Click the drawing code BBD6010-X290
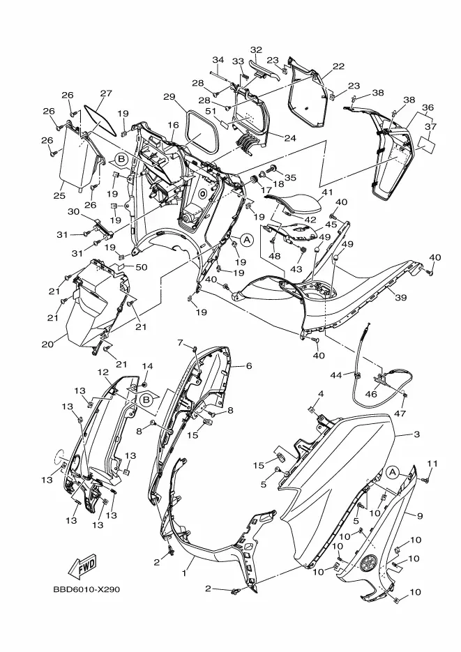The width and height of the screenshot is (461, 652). (x=86, y=590)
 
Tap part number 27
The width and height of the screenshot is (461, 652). (x=107, y=93)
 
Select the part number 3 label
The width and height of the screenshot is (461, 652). (x=417, y=434)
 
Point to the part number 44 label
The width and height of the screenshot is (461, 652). (x=336, y=375)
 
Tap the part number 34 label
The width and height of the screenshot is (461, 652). (x=218, y=60)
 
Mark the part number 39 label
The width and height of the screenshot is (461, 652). (x=401, y=298)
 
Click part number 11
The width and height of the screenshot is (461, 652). (x=432, y=464)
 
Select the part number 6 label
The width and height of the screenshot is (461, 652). (x=249, y=366)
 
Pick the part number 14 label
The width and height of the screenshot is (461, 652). (x=148, y=366)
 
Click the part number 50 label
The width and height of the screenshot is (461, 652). (x=142, y=267)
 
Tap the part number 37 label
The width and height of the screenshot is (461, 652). (x=431, y=126)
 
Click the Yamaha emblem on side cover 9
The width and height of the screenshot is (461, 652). (x=368, y=563)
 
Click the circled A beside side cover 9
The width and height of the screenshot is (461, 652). (x=391, y=472)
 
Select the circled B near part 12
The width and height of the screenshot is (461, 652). (x=146, y=400)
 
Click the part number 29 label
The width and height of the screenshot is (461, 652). (x=169, y=98)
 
